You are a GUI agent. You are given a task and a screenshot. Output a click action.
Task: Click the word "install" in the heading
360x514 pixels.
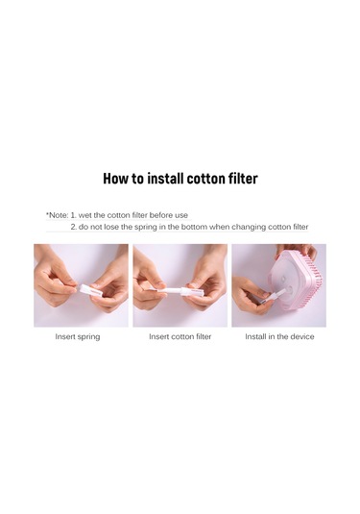tap(165, 179)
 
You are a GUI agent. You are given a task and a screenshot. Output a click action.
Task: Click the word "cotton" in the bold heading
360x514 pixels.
tap(204, 179)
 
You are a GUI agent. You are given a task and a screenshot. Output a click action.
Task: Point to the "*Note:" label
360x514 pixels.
tap(57, 215)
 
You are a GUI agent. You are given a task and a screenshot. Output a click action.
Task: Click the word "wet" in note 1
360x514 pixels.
tap(84, 215)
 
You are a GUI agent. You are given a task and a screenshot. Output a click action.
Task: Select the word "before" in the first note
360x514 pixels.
tap(161, 215)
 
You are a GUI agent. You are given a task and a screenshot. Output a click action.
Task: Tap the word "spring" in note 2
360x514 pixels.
tap(146, 227)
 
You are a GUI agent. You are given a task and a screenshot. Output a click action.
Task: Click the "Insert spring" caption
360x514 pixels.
tap(78, 336)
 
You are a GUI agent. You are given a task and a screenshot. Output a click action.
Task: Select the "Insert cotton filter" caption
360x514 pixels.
tap(180, 336)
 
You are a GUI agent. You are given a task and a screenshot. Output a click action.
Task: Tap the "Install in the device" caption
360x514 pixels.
tap(279, 336)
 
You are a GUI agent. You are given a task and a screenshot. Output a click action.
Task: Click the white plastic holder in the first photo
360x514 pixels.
tap(89, 290)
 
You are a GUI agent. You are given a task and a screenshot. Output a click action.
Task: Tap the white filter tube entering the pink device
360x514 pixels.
tap(274, 296)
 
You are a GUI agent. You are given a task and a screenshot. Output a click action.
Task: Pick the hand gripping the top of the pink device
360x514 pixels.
tap(297, 251)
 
